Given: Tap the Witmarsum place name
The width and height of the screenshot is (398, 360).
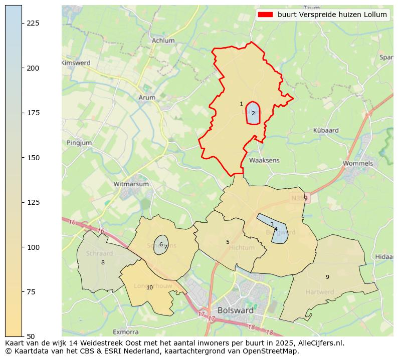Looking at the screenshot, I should coord(131,184).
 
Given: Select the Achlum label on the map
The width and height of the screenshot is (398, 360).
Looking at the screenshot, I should coord(163,41).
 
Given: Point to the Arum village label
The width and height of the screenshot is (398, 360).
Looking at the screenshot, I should coord(147,98).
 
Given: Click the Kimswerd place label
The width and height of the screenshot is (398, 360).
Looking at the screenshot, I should coord(76,63).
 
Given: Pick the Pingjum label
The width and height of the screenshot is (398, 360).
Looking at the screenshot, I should coord(79,143).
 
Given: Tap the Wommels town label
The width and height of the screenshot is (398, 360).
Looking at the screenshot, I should coord(357,163).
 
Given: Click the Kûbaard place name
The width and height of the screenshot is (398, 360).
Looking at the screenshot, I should coord(325,130).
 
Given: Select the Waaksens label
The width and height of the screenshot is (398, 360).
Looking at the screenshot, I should coord(264,160).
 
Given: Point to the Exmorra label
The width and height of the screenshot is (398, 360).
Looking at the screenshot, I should coord(125,331).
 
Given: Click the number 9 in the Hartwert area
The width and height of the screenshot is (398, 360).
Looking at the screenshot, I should coord(327,277).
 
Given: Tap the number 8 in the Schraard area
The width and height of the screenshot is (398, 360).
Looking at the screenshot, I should coord(103,262).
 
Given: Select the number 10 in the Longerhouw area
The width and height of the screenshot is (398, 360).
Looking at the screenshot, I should coord(149,287).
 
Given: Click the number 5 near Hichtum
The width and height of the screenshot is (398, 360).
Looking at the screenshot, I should coord(228,242).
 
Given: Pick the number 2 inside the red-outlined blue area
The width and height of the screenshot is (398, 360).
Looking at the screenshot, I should coord(253,113).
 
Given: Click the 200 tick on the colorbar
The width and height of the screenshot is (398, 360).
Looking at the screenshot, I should coord(33,68).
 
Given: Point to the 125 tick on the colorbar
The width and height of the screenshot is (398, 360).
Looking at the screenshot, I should coord(33,202).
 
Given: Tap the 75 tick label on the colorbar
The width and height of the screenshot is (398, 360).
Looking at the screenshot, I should coord(33,292).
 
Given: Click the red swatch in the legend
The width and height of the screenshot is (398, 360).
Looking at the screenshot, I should coord(265,15).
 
